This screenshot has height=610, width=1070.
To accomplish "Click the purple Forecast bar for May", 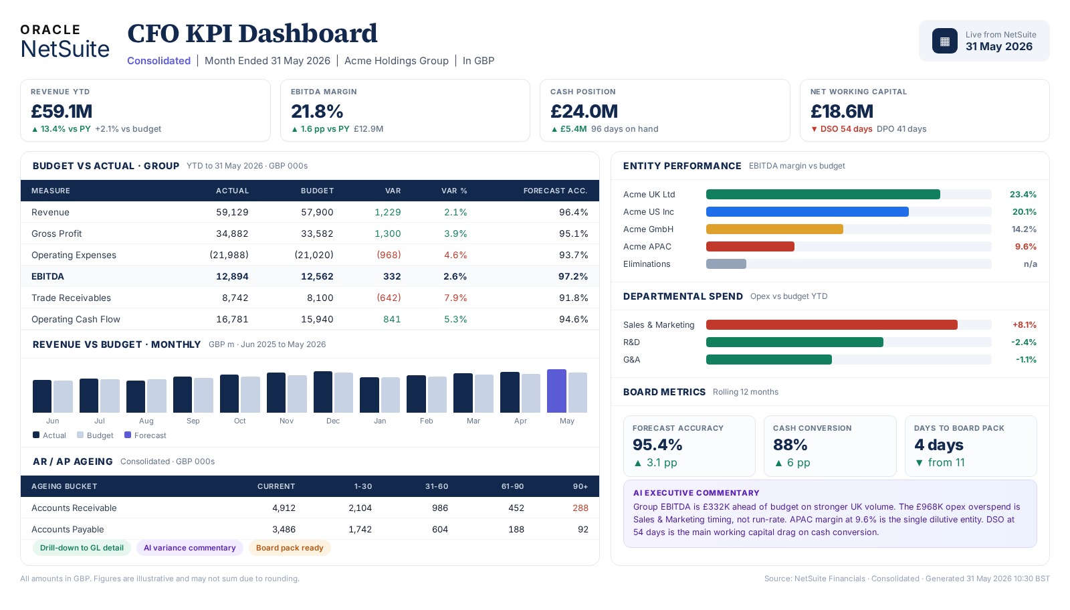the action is [556, 391].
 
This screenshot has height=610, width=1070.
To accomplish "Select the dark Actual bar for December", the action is [323, 392].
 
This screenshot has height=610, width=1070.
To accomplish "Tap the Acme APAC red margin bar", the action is [750, 247].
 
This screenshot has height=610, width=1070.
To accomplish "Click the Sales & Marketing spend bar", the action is [832, 325].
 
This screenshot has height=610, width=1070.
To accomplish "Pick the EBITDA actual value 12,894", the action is [232, 277].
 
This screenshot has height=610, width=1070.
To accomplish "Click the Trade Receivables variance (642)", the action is [389, 298].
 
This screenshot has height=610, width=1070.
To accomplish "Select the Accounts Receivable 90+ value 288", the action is [580, 508].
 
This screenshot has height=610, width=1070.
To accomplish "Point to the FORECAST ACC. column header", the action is [555, 191].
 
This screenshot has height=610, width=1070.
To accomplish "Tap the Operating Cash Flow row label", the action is [76, 319].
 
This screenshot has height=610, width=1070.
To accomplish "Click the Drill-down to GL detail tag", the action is [82, 548].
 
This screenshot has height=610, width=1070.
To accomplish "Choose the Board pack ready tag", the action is [290, 548].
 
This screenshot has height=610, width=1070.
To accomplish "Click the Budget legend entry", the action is [95, 435].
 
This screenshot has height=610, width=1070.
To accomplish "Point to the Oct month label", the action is [240, 421].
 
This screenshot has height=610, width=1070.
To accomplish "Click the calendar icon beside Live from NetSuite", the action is [944, 41].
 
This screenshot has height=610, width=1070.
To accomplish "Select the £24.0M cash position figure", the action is [584, 111].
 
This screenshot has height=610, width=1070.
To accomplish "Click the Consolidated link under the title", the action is [158, 61].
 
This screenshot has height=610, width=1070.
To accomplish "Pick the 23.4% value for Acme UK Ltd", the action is [1023, 195].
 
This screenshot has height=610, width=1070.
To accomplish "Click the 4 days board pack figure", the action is [939, 445].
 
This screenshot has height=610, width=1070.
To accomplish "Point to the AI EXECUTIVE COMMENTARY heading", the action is [696, 493].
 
